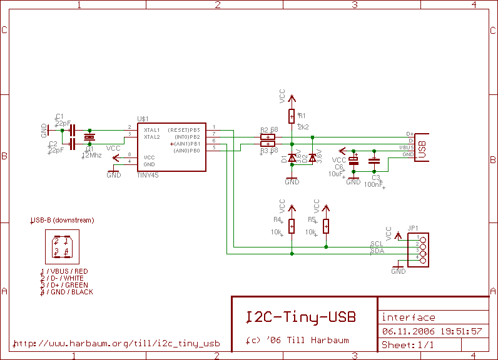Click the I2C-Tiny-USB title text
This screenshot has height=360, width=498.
coord(300,317)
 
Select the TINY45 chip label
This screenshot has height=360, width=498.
coord(148,176)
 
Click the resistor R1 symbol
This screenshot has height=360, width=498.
coord(292,116)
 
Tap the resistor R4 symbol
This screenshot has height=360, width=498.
coord(292,226)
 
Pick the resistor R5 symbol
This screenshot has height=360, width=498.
coord(326,226)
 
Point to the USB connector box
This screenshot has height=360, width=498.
coord(422,147)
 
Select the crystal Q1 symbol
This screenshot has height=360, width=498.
coord(89,137)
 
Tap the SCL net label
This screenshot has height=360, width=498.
coord(377,244)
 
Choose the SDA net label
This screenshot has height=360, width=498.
coord(377,251)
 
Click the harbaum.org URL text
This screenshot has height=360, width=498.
coord(116,343)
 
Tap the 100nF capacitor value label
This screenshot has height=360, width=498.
coord(374,185)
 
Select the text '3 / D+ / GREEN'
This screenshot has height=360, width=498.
coord(66,285)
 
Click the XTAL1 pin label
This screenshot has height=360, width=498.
coord(152,129)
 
